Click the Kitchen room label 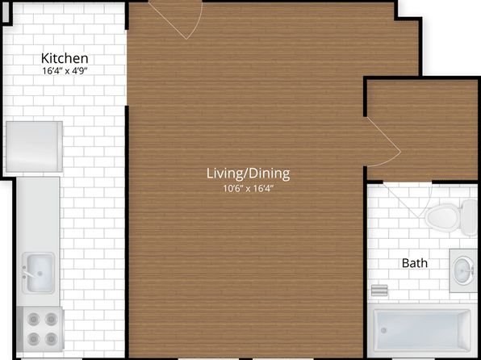(65, 58)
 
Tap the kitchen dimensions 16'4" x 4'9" (65, 71)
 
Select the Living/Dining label (249, 174)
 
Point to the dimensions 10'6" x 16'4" (249, 188)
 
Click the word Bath (415, 263)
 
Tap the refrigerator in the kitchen (35, 146)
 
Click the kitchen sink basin (40, 273)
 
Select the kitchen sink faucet (27, 272)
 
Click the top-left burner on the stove (33, 319)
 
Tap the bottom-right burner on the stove (51, 339)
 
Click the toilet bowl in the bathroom (441, 217)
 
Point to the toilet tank (470, 217)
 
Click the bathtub (421, 330)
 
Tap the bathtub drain (383, 330)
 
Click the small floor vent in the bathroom (379, 290)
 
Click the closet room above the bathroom (422, 130)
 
